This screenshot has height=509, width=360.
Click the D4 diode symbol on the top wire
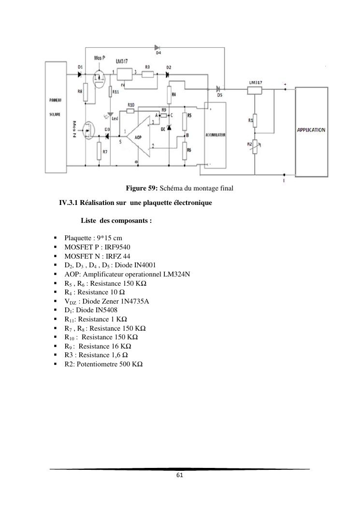point(158,47)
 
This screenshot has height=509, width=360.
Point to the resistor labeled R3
point(148,74)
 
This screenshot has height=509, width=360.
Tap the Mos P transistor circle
point(100,77)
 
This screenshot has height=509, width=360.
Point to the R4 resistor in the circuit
point(170,95)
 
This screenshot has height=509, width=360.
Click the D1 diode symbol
point(79,74)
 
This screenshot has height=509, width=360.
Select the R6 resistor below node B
point(184,152)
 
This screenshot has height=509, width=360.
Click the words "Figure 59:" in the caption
point(142,188)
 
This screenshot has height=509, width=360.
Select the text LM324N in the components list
point(176,274)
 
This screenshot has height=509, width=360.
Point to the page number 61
point(180,475)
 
